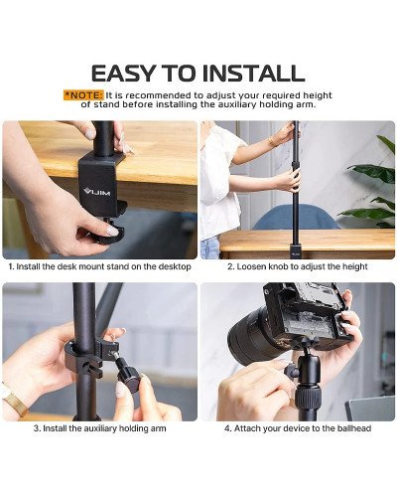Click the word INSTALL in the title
(x=255, y=73)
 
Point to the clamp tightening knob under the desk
(x=106, y=232)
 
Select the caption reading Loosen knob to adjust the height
(x=297, y=266)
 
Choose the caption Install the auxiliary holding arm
(x=100, y=428)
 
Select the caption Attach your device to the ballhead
(x=297, y=428)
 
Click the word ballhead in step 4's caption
(x=349, y=428)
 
